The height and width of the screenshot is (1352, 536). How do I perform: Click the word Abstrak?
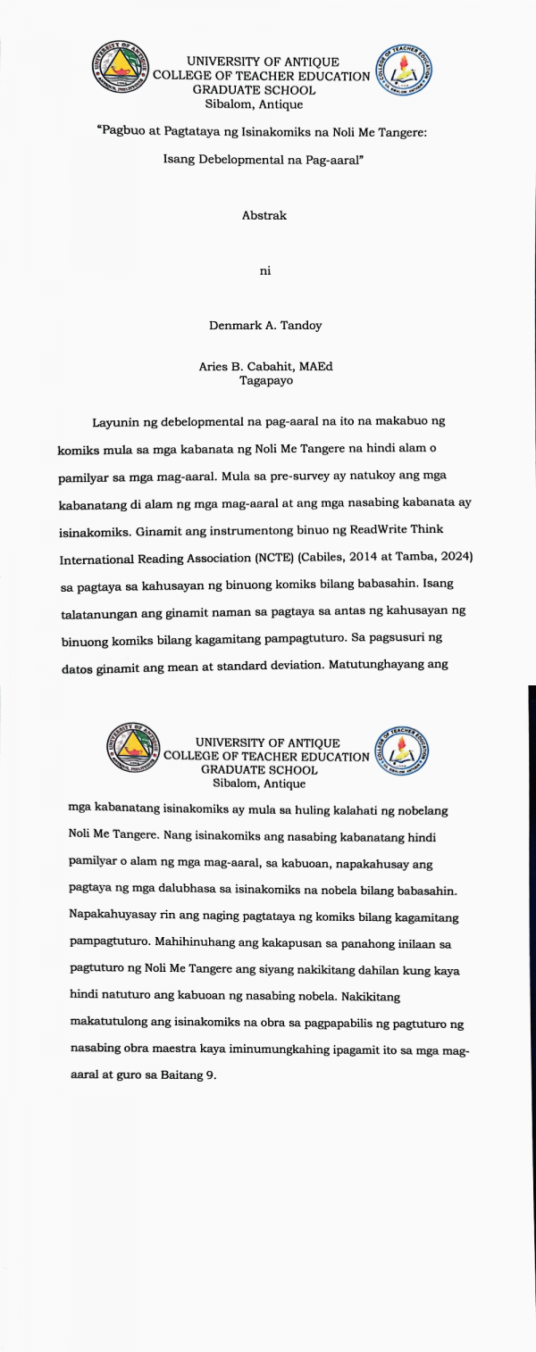264,215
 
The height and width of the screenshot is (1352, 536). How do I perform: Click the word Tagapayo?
266,380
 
